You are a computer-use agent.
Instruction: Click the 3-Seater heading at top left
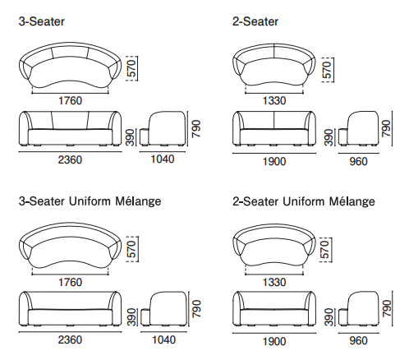click(42, 21)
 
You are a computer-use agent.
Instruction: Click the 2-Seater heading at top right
click(255, 21)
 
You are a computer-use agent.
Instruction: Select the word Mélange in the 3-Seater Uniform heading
click(138, 201)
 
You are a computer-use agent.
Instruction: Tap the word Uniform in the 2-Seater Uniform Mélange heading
click(303, 201)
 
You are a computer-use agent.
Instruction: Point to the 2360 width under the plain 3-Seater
click(70, 159)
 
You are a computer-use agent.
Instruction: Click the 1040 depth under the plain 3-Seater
click(163, 159)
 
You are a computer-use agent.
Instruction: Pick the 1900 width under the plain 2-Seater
click(274, 161)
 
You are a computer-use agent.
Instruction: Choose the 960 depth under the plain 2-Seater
click(358, 161)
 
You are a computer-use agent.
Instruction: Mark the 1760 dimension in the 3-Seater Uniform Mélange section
click(71, 282)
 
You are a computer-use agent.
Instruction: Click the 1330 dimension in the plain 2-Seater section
click(274, 101)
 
